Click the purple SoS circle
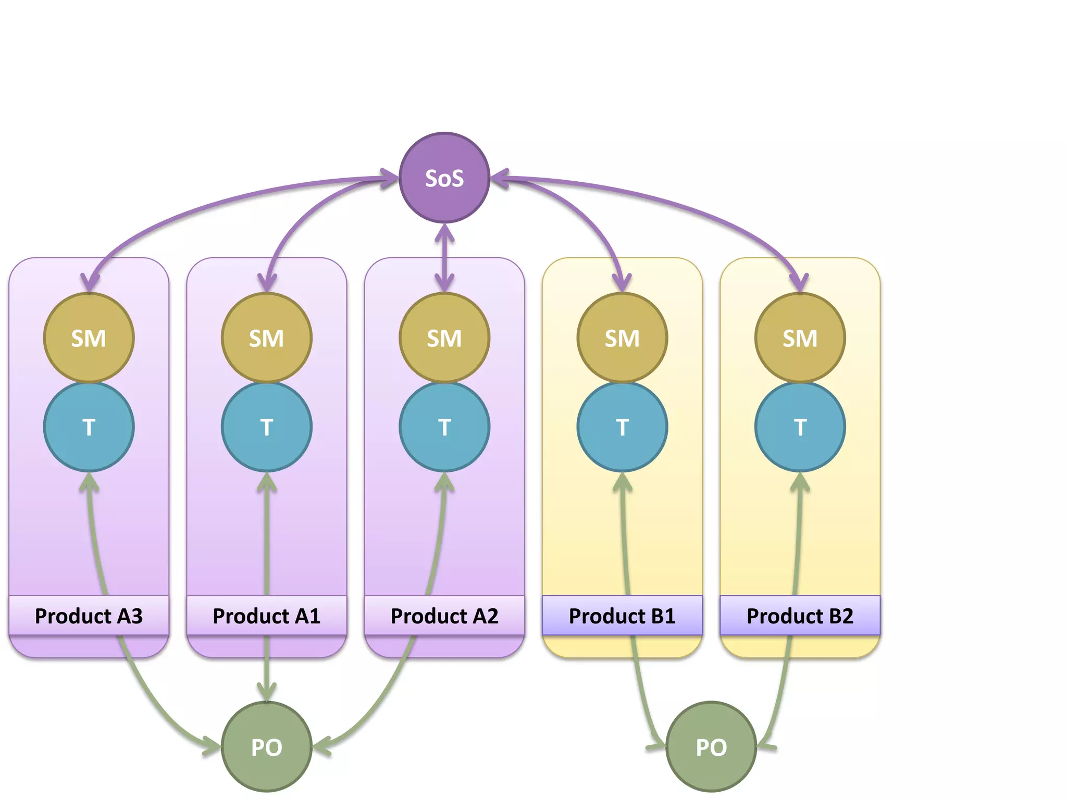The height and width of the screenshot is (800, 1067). coord(444,178)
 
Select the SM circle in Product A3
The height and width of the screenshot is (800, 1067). coord(89,338)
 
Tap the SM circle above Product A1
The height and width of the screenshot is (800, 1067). coord(267,338)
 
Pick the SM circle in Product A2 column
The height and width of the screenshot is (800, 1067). coord(444,338)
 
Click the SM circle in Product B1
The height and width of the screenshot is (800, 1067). coord(622,338)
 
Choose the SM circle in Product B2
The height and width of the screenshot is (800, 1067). coord(800,338)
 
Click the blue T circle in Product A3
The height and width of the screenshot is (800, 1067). coord(89,427)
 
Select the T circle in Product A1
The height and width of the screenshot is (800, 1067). coord(267,427)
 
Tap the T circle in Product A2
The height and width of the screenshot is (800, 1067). coord(444,427)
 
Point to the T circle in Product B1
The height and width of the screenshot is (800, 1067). coord(622,427)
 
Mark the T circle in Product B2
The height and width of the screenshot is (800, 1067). coord(800,427)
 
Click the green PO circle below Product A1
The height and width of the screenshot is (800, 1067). coord(267,747)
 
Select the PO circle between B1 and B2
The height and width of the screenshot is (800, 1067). coord(711,747)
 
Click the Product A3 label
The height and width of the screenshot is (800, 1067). coord(89,616)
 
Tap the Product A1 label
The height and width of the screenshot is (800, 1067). coord(267,616)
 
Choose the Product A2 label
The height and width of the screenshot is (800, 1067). coord(444,616)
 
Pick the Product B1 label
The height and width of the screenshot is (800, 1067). coord(622,616)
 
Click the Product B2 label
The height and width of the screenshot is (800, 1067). coord(800,616)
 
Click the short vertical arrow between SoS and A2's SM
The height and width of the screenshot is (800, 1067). coord(444,258)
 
